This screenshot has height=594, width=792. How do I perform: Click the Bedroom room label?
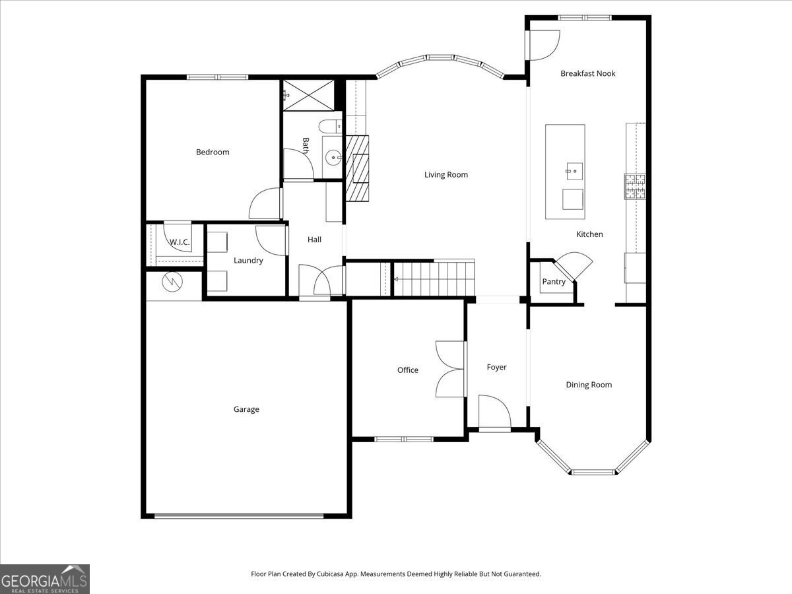213,152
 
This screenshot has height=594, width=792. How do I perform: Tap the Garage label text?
246,410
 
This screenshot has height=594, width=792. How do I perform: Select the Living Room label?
446,175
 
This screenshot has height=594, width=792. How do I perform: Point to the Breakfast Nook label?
587,73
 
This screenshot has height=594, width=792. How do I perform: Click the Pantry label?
554,282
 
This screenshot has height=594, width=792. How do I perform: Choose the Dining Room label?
589,385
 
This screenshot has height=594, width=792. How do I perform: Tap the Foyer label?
496,368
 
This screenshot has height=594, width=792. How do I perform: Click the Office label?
407,370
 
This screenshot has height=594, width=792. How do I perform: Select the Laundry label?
248,261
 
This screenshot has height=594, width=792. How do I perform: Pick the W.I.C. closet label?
180,242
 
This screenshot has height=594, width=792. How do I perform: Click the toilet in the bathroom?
328,126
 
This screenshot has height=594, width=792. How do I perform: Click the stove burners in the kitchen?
635,186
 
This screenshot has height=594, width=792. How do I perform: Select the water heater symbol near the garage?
174,282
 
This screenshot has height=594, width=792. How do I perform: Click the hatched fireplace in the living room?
357,168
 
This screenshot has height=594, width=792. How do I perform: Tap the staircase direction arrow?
396,280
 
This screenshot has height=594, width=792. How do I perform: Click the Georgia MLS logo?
45,579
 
